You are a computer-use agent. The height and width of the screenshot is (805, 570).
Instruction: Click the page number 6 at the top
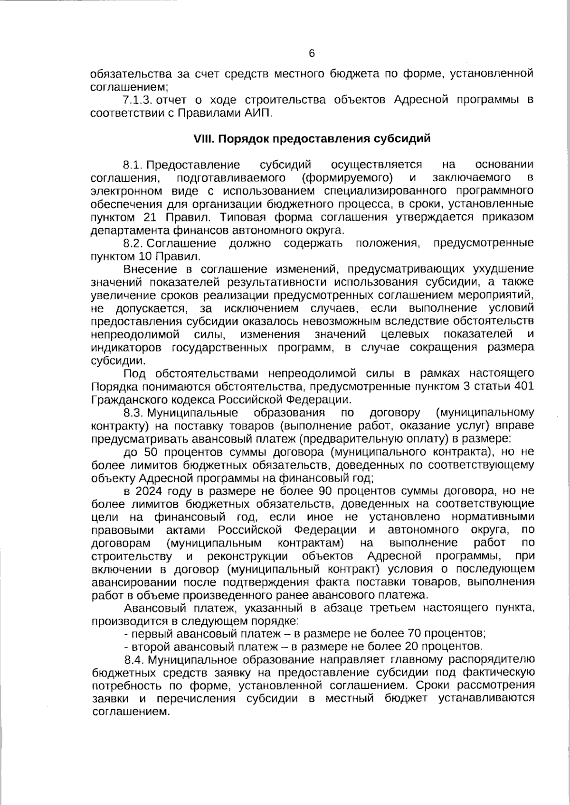click(x=312, y=53)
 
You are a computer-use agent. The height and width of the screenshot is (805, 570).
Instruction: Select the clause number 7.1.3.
click(x=138, y=100)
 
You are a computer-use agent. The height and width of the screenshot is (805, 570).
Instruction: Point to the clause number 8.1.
click(x=133, y=165)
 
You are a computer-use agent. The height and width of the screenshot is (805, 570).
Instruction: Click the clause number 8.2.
click(x=133, y=244)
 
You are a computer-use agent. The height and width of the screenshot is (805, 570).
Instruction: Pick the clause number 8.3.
click(x=134, y=412)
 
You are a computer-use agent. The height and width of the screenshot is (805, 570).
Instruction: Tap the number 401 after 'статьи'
click(x=523, y=386)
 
